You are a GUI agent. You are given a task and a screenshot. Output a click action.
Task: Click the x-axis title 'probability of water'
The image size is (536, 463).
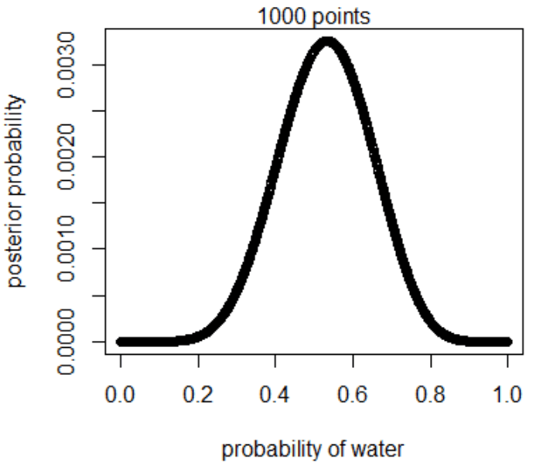click(x=312, y=448)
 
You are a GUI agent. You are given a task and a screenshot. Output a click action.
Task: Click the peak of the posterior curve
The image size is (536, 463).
click(x=327, y=44)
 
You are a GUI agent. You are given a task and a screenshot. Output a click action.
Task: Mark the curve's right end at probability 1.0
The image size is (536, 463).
click(x=507, y=341)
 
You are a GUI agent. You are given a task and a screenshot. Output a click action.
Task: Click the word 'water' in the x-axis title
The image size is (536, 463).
click(x=379, y=448)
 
